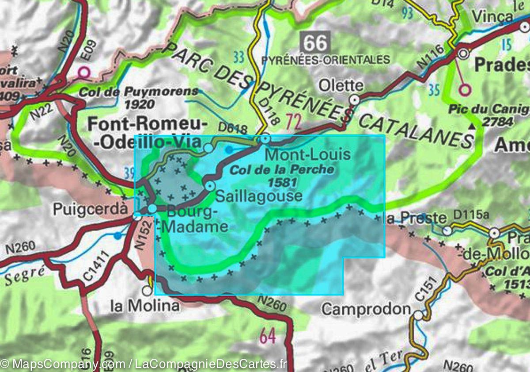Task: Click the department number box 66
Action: point(316,43)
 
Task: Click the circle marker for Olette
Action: point(354,100)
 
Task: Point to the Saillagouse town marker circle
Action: point(210,186)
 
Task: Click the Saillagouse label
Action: point(259,196)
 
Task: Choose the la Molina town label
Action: point(145,306)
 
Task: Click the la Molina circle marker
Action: point(147,291)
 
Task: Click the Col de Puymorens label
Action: point(139,92)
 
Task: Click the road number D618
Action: point(234,128)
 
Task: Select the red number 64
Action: point(268,337)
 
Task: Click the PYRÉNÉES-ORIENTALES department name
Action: point(326,60)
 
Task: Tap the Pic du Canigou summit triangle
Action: point(473,127)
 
